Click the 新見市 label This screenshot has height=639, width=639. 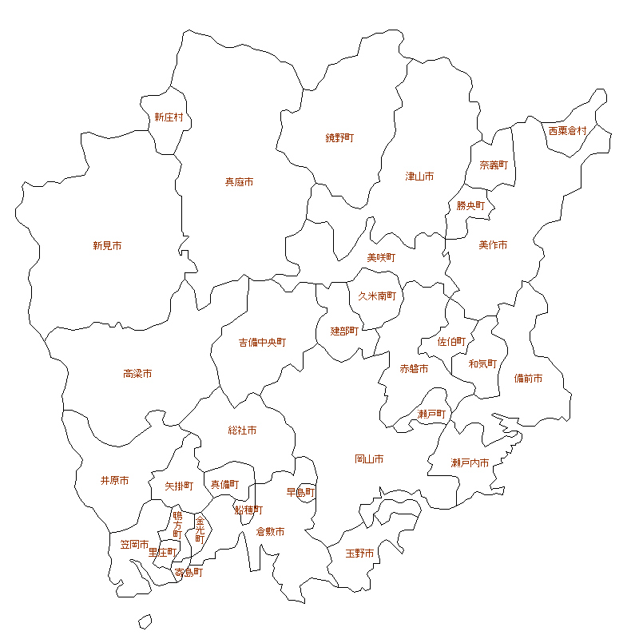[107, 246]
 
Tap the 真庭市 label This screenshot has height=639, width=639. [239, 182]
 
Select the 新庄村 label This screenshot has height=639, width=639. [169, 117]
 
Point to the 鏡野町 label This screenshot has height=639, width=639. [339, 138]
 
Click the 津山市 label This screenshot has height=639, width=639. [419, 176]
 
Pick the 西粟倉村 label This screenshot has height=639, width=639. [567, 130]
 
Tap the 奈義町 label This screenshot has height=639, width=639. [494, 165]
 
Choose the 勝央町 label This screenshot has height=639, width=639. [470, 205]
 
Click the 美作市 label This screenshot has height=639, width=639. [493, 245]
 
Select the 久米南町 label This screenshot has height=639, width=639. [377, 296]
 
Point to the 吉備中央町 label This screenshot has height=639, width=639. [262, 343]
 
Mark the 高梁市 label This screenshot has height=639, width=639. [137, 374]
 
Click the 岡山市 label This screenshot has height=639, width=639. [369, 459]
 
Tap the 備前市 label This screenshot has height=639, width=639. [528, 379]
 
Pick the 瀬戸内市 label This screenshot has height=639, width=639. [470, 463]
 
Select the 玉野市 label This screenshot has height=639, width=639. [359, 553]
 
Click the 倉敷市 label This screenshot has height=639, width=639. [270, 531]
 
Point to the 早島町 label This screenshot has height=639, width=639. [301, 492]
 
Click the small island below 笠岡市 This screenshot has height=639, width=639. [145, 621]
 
